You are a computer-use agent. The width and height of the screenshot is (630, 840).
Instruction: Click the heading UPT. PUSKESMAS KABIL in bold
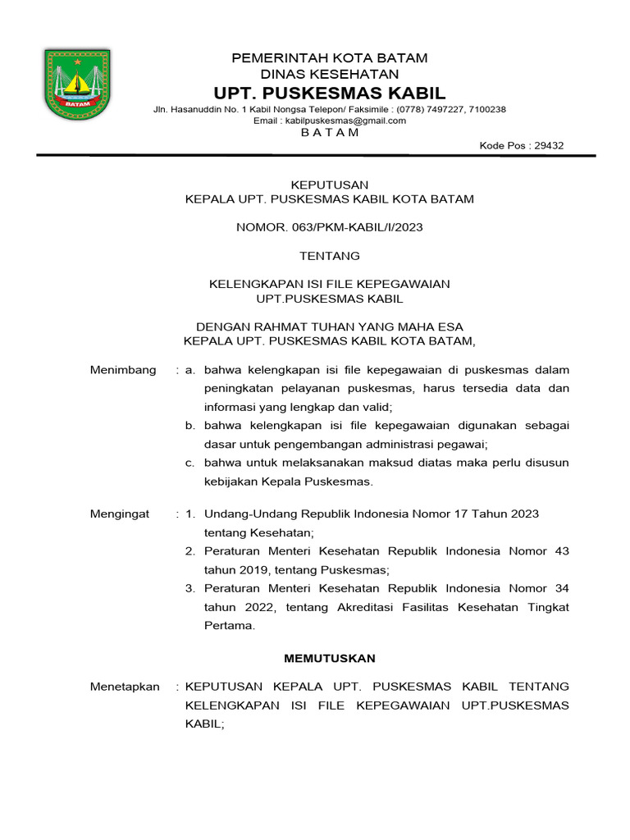coord(329,93)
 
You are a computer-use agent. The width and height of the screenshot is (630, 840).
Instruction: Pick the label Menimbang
coord(122,370)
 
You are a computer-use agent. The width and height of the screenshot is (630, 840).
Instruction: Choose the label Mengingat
coord(120,514)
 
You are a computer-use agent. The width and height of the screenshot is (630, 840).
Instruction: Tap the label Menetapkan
coord(124,687)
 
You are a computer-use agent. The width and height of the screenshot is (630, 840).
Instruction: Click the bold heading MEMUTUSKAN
coord(329,658)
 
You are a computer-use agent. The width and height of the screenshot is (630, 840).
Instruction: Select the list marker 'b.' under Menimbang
coord(189,426)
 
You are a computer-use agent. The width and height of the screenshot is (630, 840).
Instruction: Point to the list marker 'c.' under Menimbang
coord(189,463)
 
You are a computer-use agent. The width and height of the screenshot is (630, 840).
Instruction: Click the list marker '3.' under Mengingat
coord(189,588)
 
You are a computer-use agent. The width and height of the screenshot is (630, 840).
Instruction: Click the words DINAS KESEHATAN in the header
coord(329,75)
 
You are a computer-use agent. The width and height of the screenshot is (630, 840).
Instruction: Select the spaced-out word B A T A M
coord(329,133)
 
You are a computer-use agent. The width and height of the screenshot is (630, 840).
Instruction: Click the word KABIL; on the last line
coord(204,724)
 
